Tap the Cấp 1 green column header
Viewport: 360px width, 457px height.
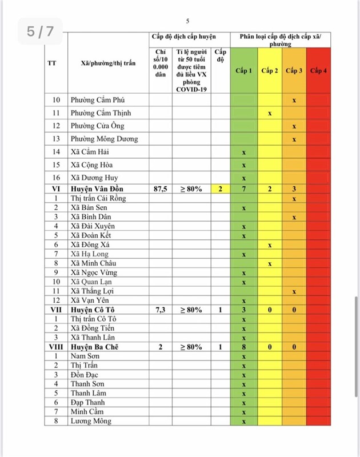(x=243, y=71)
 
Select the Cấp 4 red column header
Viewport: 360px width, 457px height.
(x=318, y=71)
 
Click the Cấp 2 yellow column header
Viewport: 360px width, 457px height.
(x=270, y=71)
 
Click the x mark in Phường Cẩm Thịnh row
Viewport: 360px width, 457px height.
(x=270, y=113)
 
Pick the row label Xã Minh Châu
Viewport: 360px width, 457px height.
(x=94, y=263)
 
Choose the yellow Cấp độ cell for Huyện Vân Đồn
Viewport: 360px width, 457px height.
(x=220, y=189)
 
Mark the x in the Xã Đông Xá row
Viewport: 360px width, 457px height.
(x=270, y=244)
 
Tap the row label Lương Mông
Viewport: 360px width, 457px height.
(x=91, y=421)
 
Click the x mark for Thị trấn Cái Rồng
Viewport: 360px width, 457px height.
(x=294, y=198)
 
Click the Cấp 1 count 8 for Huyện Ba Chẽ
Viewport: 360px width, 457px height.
(x=243, y=347)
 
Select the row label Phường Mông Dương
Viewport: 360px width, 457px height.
(x=104, y=139)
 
